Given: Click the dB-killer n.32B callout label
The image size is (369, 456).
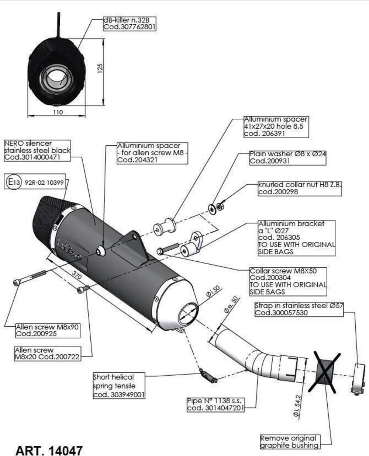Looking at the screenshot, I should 130,23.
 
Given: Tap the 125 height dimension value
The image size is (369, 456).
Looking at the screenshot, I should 100,69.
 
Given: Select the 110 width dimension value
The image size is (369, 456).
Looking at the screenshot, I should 58,112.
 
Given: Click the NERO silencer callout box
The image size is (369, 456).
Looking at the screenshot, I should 37,150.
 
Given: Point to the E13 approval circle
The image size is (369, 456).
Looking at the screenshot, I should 14,182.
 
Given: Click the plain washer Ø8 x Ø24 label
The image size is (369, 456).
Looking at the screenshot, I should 288,157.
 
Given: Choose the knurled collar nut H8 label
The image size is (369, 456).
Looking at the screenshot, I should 300,188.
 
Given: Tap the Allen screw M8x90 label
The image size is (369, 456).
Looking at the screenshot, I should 47,330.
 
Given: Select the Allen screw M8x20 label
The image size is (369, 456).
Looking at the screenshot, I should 47,353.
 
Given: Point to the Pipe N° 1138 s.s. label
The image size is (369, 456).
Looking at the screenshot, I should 216,404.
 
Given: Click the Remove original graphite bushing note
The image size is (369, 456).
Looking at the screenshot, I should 289,442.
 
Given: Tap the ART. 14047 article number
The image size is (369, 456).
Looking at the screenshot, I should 49,450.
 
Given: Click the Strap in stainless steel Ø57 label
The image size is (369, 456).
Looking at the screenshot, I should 299,309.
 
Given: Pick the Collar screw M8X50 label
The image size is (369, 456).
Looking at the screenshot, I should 288,281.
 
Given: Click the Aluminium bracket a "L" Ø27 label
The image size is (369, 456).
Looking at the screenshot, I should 296,238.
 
